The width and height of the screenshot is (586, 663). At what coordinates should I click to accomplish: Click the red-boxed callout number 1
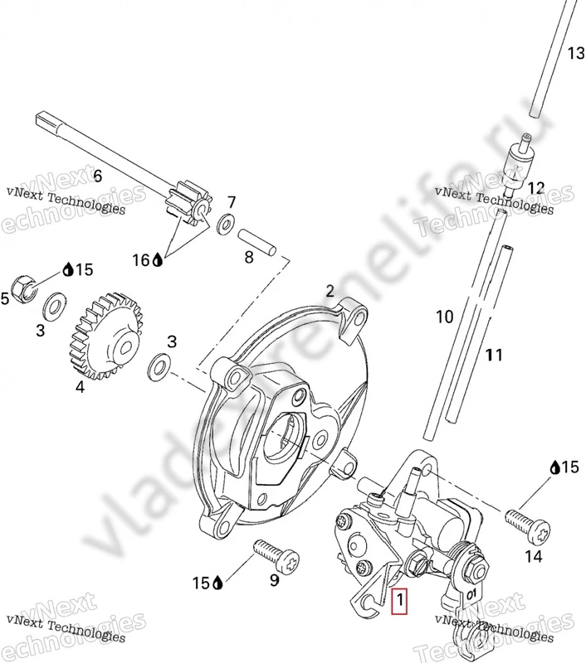pyautogui.click(x=401, y=599)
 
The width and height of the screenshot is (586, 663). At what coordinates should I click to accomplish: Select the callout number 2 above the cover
pyautogui.click(x=330, y=291)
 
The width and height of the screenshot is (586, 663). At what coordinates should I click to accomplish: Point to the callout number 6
pyautogui.click(x=97, y=176)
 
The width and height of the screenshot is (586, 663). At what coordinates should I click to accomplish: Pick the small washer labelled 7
pyautogui.click(x=225, y=225)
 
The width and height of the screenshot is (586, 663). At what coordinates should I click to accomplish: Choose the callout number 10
pyautogui.click(x=445, y=316)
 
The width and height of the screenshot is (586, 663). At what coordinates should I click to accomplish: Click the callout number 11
pyautogui.click(x=495, y=356)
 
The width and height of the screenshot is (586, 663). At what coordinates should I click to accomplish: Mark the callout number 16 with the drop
pyautogui.click(x=142, y=260)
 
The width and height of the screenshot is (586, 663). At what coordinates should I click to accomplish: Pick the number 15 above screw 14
pyautogui.click(x=569, y=467)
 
